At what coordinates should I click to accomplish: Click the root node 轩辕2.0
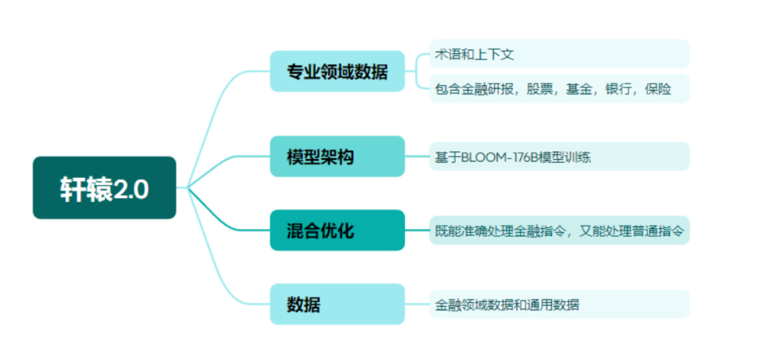104,188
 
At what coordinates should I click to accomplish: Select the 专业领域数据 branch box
337,71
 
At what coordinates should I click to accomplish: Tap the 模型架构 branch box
337,156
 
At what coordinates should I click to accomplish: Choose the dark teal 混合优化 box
337,230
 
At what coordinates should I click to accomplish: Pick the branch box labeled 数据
337,304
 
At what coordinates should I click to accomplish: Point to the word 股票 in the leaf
541,89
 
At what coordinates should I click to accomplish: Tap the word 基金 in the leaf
580,89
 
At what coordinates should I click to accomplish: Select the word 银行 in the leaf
620,89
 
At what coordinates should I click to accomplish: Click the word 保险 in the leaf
658,89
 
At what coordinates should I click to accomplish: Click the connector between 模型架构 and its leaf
417,156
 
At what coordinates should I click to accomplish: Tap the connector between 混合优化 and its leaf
417,230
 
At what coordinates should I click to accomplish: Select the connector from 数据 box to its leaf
417,304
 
